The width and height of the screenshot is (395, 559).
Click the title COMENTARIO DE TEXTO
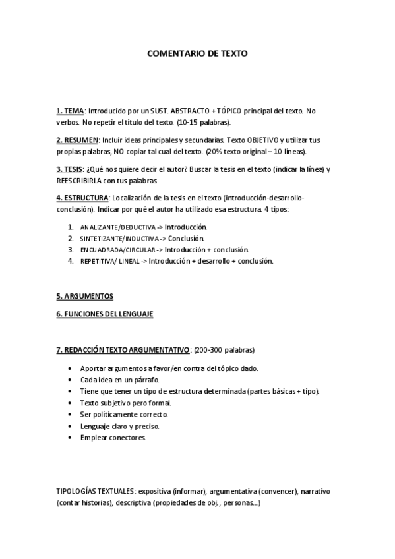tap(197, 54)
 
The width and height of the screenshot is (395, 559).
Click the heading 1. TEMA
tap(70, 111)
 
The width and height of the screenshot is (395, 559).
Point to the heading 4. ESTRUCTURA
tap(82, 198)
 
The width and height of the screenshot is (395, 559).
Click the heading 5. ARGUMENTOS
tap(84, 296)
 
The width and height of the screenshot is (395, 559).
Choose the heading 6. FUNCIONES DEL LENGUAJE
tap(104, 314)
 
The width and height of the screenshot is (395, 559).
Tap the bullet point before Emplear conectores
tap(71, 438)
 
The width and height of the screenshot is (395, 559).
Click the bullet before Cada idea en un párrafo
tap(71, 380)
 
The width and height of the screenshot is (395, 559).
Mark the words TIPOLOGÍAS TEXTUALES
tap(96, 492)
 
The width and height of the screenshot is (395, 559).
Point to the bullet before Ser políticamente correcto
tap(71, 415)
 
